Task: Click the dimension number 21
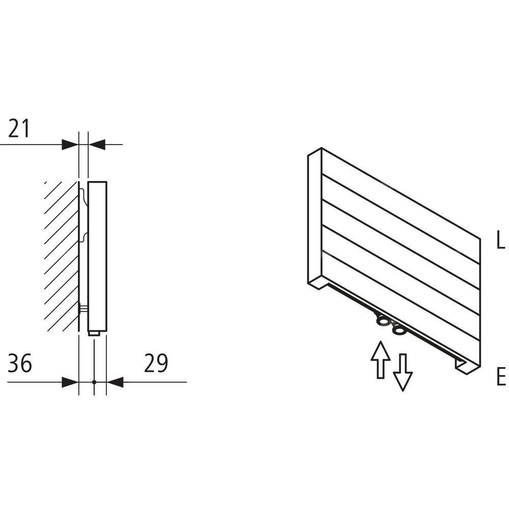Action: click(x=19, y=128)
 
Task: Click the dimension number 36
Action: click(x=20, y=363)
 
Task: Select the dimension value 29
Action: click(x=156, y=363)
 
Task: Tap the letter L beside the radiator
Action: click(x=501, y=240)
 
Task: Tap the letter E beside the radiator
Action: click(x=501, y=377)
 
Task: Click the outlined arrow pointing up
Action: click(x=380, y=359)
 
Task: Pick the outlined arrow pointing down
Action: click(x=403, y=372)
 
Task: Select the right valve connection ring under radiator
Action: click(x=399, y=330)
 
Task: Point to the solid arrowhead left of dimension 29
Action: click(x=115, y=382)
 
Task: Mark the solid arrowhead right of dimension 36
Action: click(x=70, y=382)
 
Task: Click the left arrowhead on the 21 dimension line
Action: click(x=70, y=145)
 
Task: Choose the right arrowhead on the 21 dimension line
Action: click(x=97, y=145)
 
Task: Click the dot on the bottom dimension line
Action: click(x=94, y=382)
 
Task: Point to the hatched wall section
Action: click(x=62, y=257)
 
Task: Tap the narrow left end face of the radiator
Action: click(x=314, y=218)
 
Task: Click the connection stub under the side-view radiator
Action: click(x=95, y=333)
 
